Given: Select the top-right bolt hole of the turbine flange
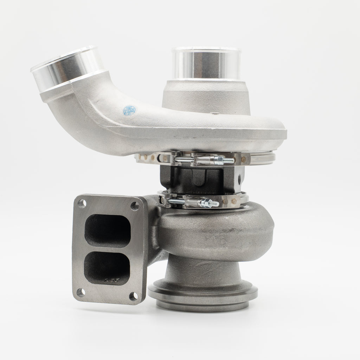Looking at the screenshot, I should pyautogui.click(x=135, y=206).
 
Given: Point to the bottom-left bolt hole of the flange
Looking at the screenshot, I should pyautogui.click(x=81, y=292).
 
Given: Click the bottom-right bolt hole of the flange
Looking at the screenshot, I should pyautogui.click(x=133, y=296).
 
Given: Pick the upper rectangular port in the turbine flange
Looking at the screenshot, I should pyautogui.click(x=108, y=231).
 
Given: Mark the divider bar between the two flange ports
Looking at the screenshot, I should pyautogui.click(x=108, y=249).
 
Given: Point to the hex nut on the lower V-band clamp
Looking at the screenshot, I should pyautogui.click(x=204, y=203).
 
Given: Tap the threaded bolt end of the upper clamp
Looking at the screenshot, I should pyautogui.click(x=229, y=161).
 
